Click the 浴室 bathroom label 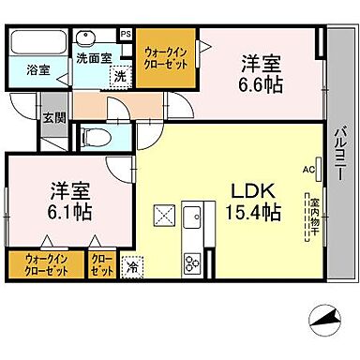coord(37,70)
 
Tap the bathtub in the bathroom coord(36,44)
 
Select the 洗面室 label coord(94,58)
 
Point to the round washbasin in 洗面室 coord(89,40)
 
